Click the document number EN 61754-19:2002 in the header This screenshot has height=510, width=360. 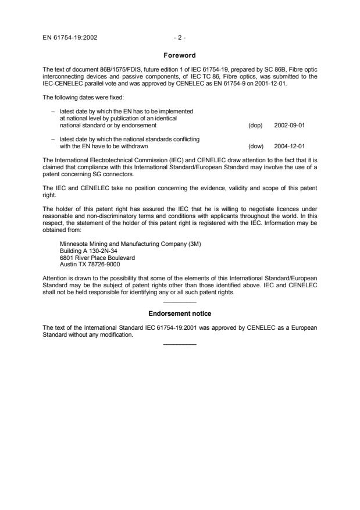coord(70,38)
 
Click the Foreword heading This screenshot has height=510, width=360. coord(180,55)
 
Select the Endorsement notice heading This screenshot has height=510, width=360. coord(180,313)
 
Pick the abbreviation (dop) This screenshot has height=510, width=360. coord(255,125)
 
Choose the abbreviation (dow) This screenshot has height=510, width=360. coord(255,147)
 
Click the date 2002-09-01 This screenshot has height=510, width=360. coord(289,125)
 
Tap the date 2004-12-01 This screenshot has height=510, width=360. coord(289,147)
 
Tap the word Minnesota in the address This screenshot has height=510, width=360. coord(74,244)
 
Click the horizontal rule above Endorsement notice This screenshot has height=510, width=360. coord(180,302)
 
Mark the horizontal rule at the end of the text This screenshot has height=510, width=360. coord(180,345)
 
